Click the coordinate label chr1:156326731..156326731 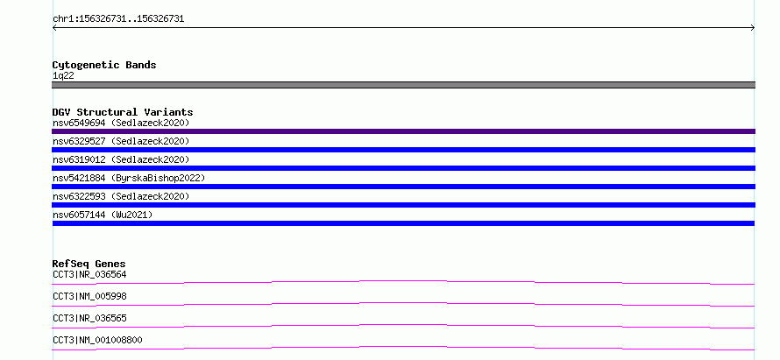118,19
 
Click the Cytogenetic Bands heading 104,65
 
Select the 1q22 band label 63,76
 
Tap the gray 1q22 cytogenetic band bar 403,85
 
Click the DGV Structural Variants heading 123,112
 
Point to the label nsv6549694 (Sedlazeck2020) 121,123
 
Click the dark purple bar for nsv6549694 403,131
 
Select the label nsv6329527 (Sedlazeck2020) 121,141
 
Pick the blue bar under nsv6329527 403,150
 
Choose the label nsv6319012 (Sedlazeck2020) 121,159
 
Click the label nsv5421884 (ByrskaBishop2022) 129,178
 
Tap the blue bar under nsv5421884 403,187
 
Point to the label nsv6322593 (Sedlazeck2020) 121,196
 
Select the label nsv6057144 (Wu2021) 103,215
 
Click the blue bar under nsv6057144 403,223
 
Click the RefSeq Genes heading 89,264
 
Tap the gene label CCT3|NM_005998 89,296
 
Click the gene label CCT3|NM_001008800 97,340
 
